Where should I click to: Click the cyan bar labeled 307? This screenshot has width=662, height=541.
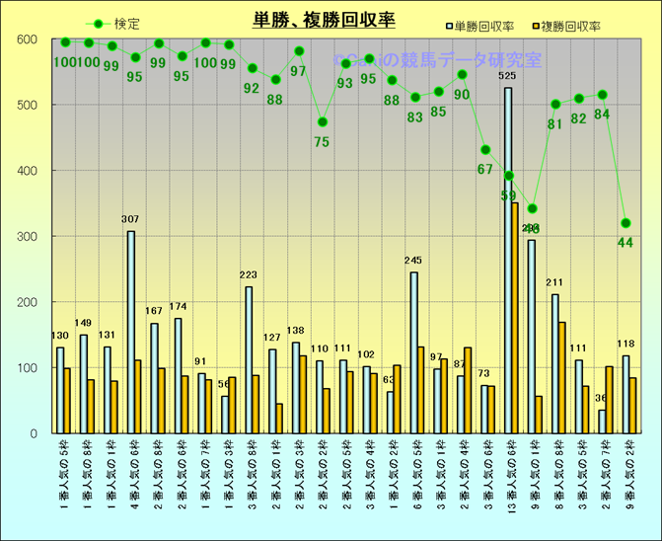(130, 332)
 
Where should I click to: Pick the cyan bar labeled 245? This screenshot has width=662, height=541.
(413, 352)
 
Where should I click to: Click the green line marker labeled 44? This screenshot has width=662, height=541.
(625, 223)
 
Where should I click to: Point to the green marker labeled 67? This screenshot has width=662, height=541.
(484, 150)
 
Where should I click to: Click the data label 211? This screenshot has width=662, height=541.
(554, 283)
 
